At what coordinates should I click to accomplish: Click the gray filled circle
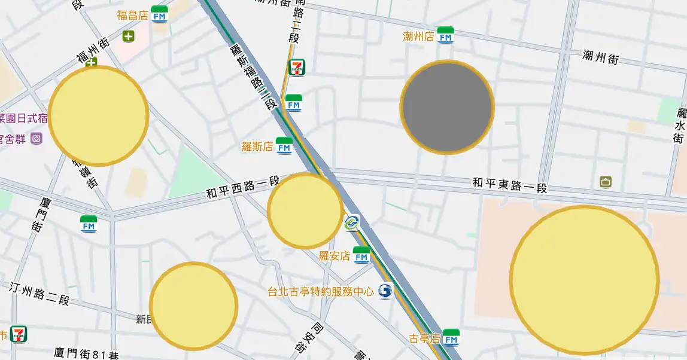[447, 107]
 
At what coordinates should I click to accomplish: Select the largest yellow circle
[584, 280]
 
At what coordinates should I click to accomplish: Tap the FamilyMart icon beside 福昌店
[159, 14]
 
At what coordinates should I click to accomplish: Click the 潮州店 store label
[418, 36]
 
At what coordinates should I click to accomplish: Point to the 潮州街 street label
[600, 57]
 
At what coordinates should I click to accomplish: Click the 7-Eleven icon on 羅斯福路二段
[297, 67]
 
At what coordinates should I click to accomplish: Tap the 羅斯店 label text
[257, 146]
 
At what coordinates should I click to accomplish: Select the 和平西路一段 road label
[243, 187]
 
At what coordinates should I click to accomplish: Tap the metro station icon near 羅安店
[351, 223]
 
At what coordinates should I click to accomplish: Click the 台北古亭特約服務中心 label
[320, 292]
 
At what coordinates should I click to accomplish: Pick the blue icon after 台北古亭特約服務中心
[385, 291]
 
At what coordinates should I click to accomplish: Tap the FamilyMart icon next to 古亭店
[451, 338]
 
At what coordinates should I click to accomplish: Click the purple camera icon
[37, 139]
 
